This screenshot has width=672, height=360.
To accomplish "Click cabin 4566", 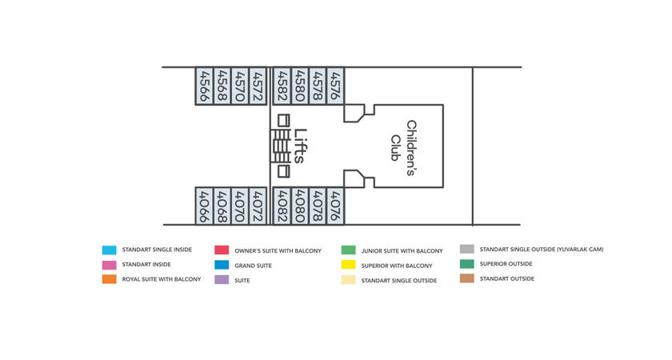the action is click(x=205, y=86).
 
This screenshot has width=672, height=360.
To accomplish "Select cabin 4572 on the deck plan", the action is click(x=258, y=86).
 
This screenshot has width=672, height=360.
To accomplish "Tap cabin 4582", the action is click(x=282, y=86).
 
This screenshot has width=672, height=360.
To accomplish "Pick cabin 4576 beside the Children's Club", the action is click(x=335, y=86).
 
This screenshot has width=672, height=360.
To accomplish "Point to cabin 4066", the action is click(x=205, y=206).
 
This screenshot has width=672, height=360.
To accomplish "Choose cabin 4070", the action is click(x=240, y=206).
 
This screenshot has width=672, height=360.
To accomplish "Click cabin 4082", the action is click(x=282, y=206).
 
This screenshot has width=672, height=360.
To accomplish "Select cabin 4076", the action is click(x=335, y=206).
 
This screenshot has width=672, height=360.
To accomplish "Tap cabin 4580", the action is click(x=300, y=86).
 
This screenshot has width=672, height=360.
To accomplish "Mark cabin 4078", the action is click(x=318, y=206).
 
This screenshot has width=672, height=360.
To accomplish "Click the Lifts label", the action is click(x=301, y=146).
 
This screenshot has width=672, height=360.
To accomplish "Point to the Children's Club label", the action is click(x=403, y=148).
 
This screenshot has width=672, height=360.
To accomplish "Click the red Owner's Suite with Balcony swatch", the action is click(x=222, y=250).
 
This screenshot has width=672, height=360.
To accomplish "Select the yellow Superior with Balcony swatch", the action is click(x=349, y=265).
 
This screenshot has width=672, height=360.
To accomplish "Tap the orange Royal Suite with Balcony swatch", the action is click(x=110, y=279).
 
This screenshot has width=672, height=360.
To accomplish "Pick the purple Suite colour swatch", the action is click(x=222, y=279).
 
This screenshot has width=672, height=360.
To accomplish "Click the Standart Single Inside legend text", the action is click(x=157, y=250).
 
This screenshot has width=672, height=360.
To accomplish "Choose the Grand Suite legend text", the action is click(x=253, y=266).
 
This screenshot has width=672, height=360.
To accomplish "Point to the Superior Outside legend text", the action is click(x=506, y=264).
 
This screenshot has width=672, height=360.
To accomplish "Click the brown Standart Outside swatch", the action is click(x=467, y=278).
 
